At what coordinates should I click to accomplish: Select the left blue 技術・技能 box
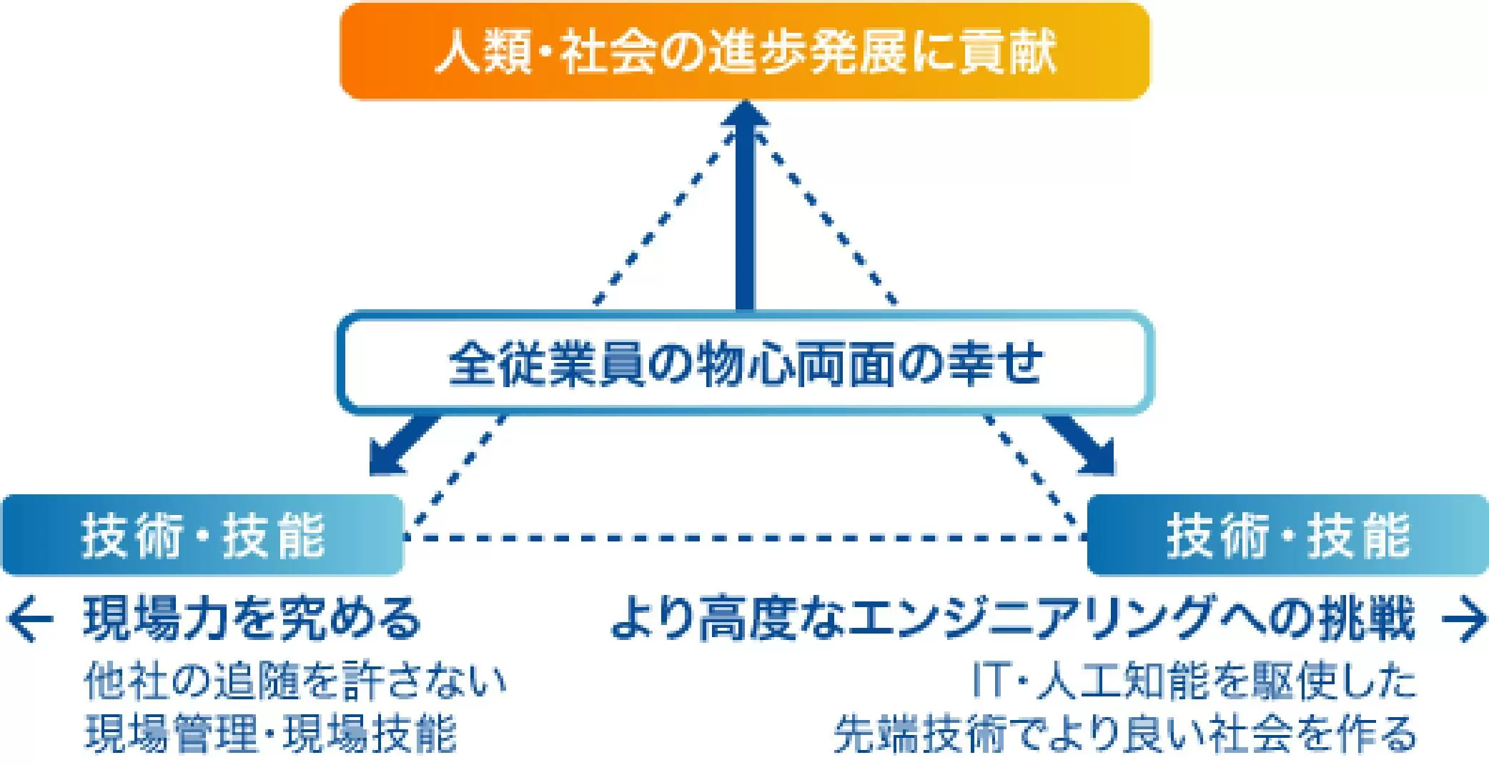click(202, 535)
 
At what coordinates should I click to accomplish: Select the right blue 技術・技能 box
click(1287, 535)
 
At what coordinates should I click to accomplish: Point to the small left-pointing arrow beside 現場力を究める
click(30, 619)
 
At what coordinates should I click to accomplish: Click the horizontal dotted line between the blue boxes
click(743, 536)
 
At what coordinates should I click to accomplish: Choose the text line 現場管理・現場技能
click(270, 733)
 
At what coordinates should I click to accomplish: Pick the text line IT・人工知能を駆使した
click(1194, 680)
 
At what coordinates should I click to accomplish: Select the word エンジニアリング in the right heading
click(1029, 619)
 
